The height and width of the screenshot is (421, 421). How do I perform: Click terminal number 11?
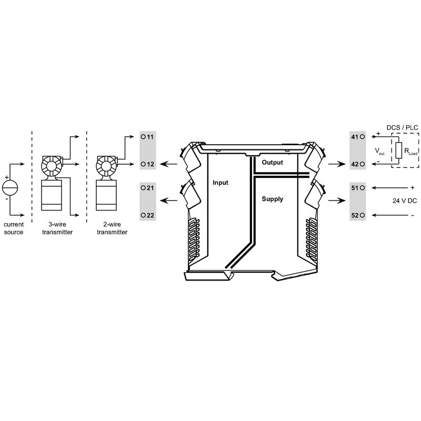(150, 137)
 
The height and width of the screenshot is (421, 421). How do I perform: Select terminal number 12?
(150, 164)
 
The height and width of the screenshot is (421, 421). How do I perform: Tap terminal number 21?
(150, 188)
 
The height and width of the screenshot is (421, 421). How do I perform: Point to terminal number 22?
(150, 215)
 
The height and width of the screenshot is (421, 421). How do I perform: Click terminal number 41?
(355, 137)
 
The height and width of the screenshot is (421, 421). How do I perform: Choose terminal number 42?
(355, 164)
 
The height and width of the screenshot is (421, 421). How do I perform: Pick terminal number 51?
(355, 188)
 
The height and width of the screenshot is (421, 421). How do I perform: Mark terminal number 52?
(355, 215)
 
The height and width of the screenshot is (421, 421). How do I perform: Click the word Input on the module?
(220, 183)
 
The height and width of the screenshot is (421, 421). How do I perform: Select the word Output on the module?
(272, 163)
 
